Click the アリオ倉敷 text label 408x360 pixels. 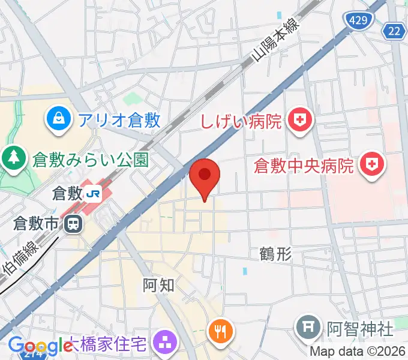(x=119, y=120)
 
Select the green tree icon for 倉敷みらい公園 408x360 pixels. (x=11, y=158)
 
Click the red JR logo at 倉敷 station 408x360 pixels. (x=94, y=193)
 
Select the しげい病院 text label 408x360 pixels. (x=241, y=122)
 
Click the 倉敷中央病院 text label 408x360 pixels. (x=304, y=165)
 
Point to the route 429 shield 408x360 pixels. (x=359, y=20)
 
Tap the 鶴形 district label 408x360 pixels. (x=276, y=254)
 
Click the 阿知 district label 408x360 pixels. (x=159, y=285)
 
